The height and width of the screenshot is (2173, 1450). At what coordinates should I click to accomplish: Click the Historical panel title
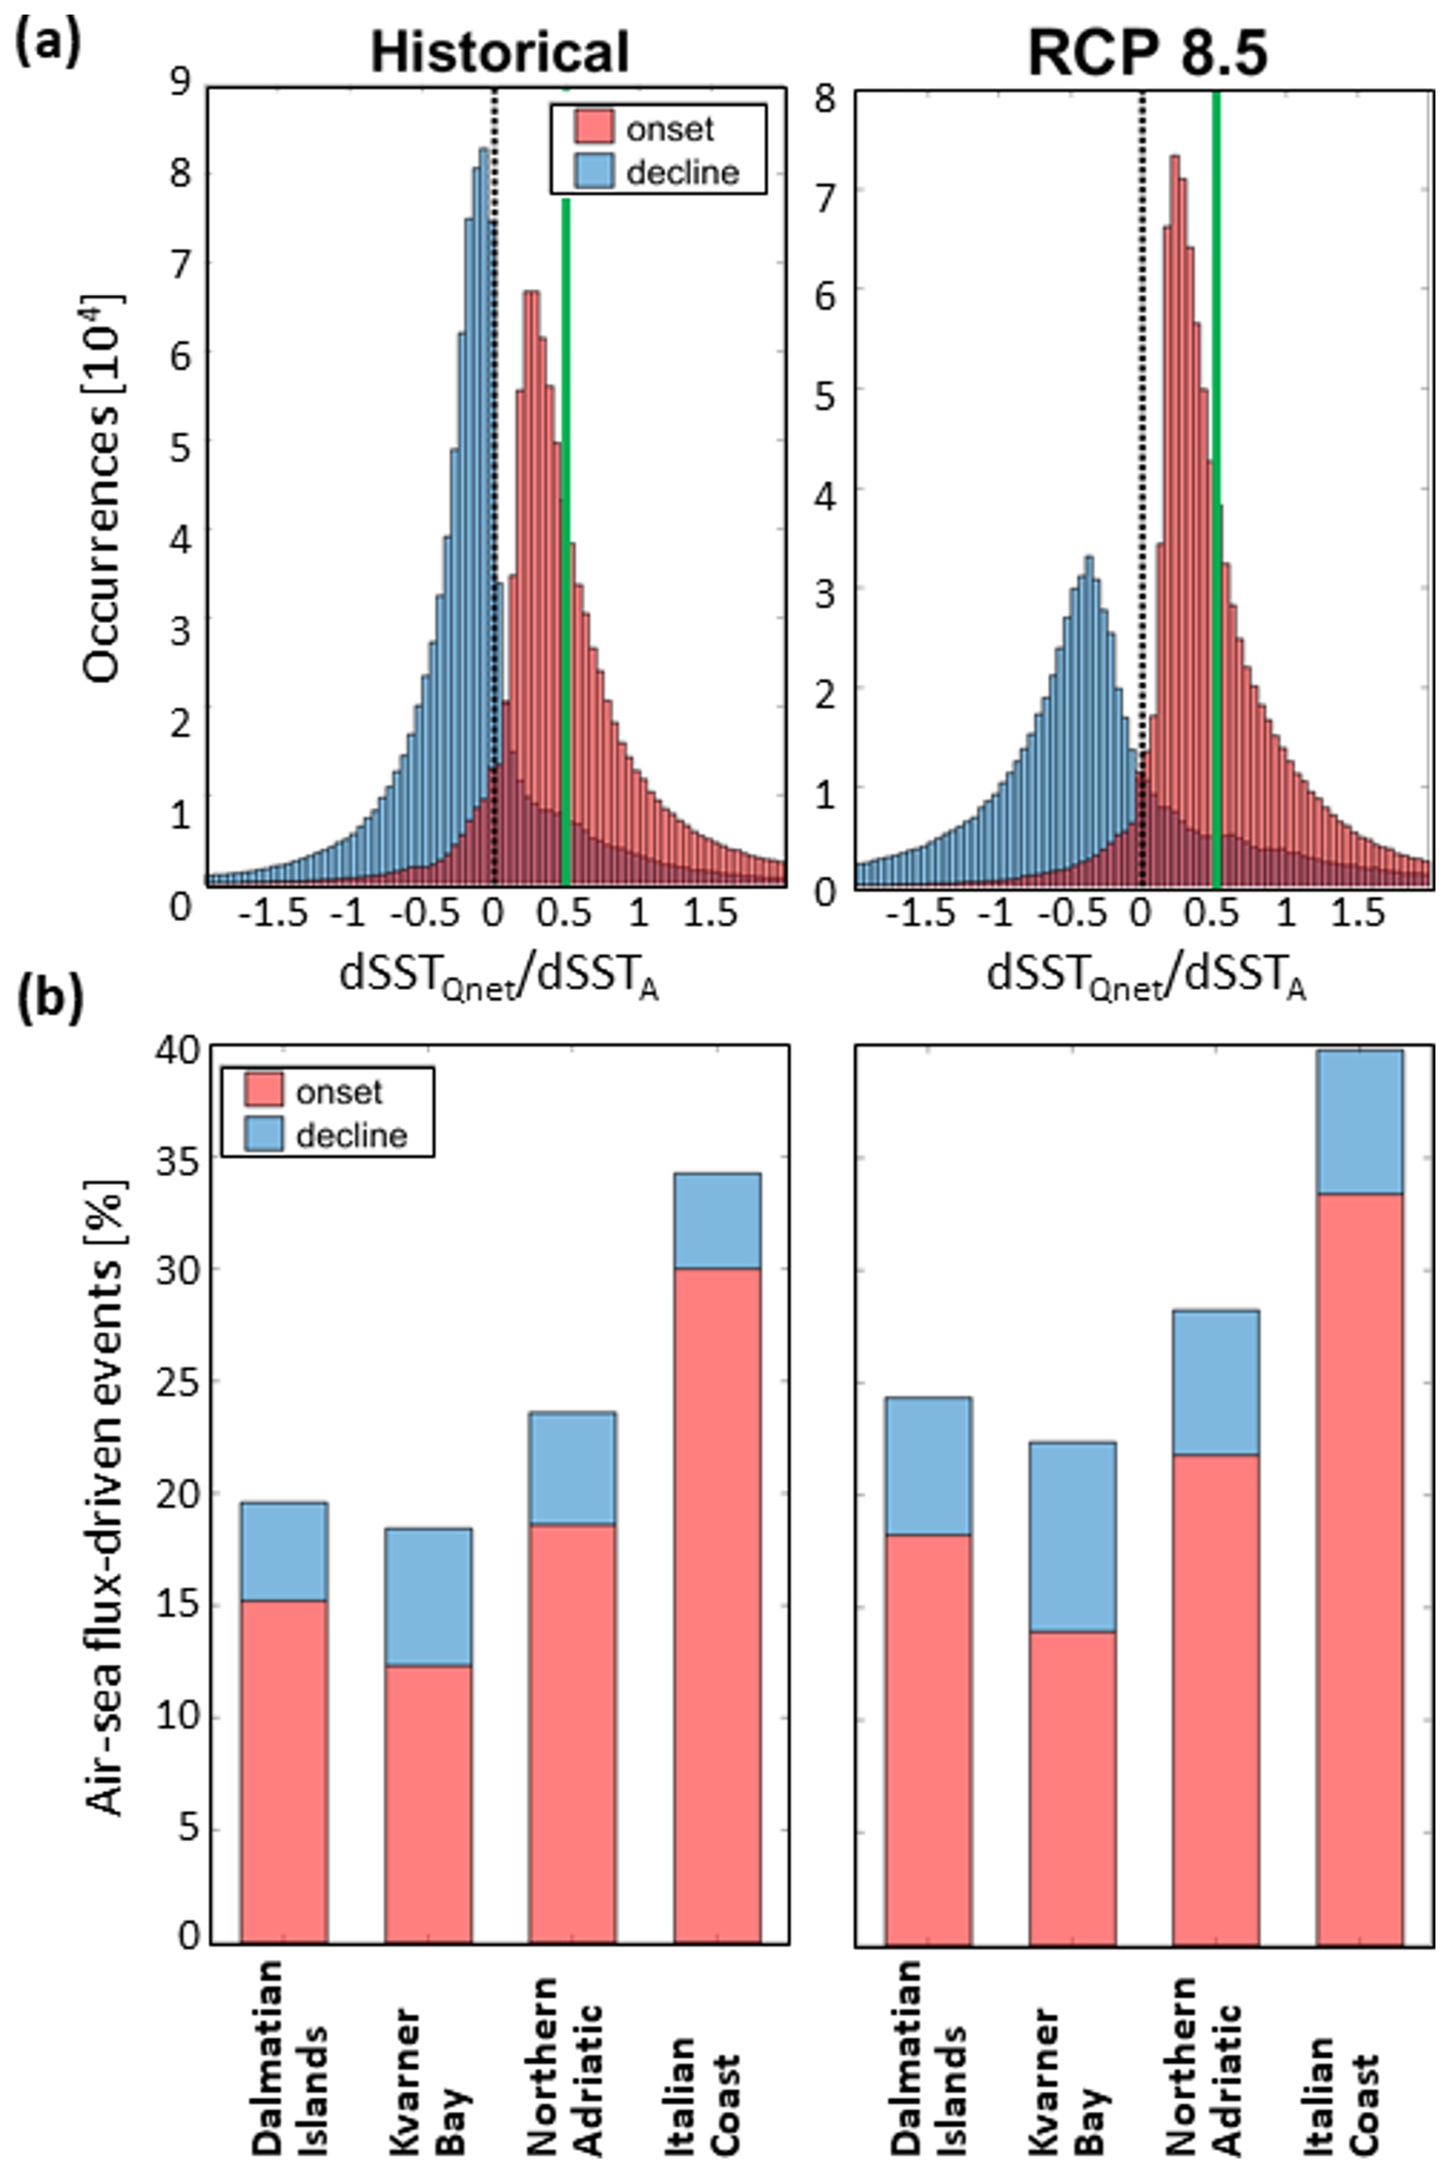click(500, 53)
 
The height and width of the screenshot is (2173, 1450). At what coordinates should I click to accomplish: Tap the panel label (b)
click(48, 1003)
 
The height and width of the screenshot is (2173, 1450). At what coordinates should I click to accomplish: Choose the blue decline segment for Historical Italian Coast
click(717, 1220)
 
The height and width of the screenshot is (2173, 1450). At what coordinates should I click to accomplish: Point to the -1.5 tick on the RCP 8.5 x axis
click(918, 914)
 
